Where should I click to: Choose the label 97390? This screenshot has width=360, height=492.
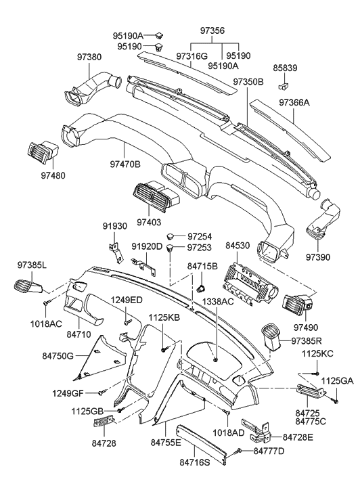tap(319, 258)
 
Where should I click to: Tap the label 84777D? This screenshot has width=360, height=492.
tap(269, 451)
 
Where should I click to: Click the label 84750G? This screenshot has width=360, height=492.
tap(58, 354)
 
